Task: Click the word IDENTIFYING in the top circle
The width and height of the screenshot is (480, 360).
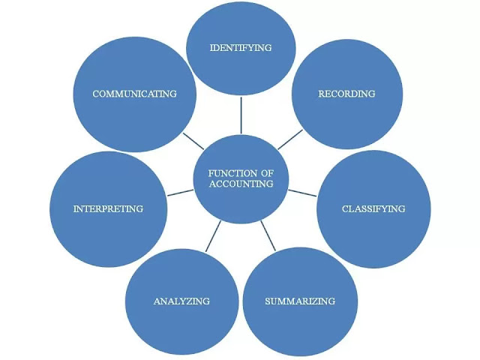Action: point(241,48)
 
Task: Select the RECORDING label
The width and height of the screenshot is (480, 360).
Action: point(346,94)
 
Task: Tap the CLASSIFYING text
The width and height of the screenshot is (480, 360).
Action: point(373,208)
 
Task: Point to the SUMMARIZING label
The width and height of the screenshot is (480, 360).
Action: point(300,301)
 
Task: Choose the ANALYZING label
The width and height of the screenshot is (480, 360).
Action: point(181,301)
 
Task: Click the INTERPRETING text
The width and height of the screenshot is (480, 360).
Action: point(108,208)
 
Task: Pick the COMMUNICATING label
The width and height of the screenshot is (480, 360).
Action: point(134,94)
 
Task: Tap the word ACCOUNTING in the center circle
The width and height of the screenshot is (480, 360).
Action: point(241,184)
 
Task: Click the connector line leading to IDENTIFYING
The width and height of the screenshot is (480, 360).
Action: point(241,115)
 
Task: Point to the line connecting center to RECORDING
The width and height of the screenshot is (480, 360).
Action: point(289,139)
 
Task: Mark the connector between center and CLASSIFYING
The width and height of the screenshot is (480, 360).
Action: point(302,193)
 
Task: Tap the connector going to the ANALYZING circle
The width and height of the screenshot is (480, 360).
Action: point(213,235)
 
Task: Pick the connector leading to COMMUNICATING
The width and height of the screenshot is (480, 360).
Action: point(193,139)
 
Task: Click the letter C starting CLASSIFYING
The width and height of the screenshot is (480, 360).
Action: point(345,208)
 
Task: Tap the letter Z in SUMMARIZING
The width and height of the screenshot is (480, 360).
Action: point(319,301)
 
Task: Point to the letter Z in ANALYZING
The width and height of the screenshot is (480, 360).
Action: point(190,301)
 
